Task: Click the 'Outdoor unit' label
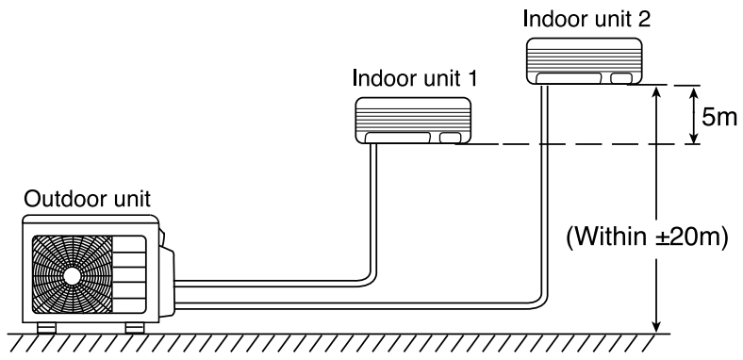[x=86, y=199]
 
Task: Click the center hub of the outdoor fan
[x=71, y=274]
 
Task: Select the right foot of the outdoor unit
[x=135, y=326]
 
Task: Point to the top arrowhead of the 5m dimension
[x=695, y=90]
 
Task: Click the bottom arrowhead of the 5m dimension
[x=695, y=139]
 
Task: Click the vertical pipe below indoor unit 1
[x=374, y=207]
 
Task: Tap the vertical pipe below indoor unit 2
[x=544, y=188]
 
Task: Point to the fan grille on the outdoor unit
[x=72, y=274]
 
